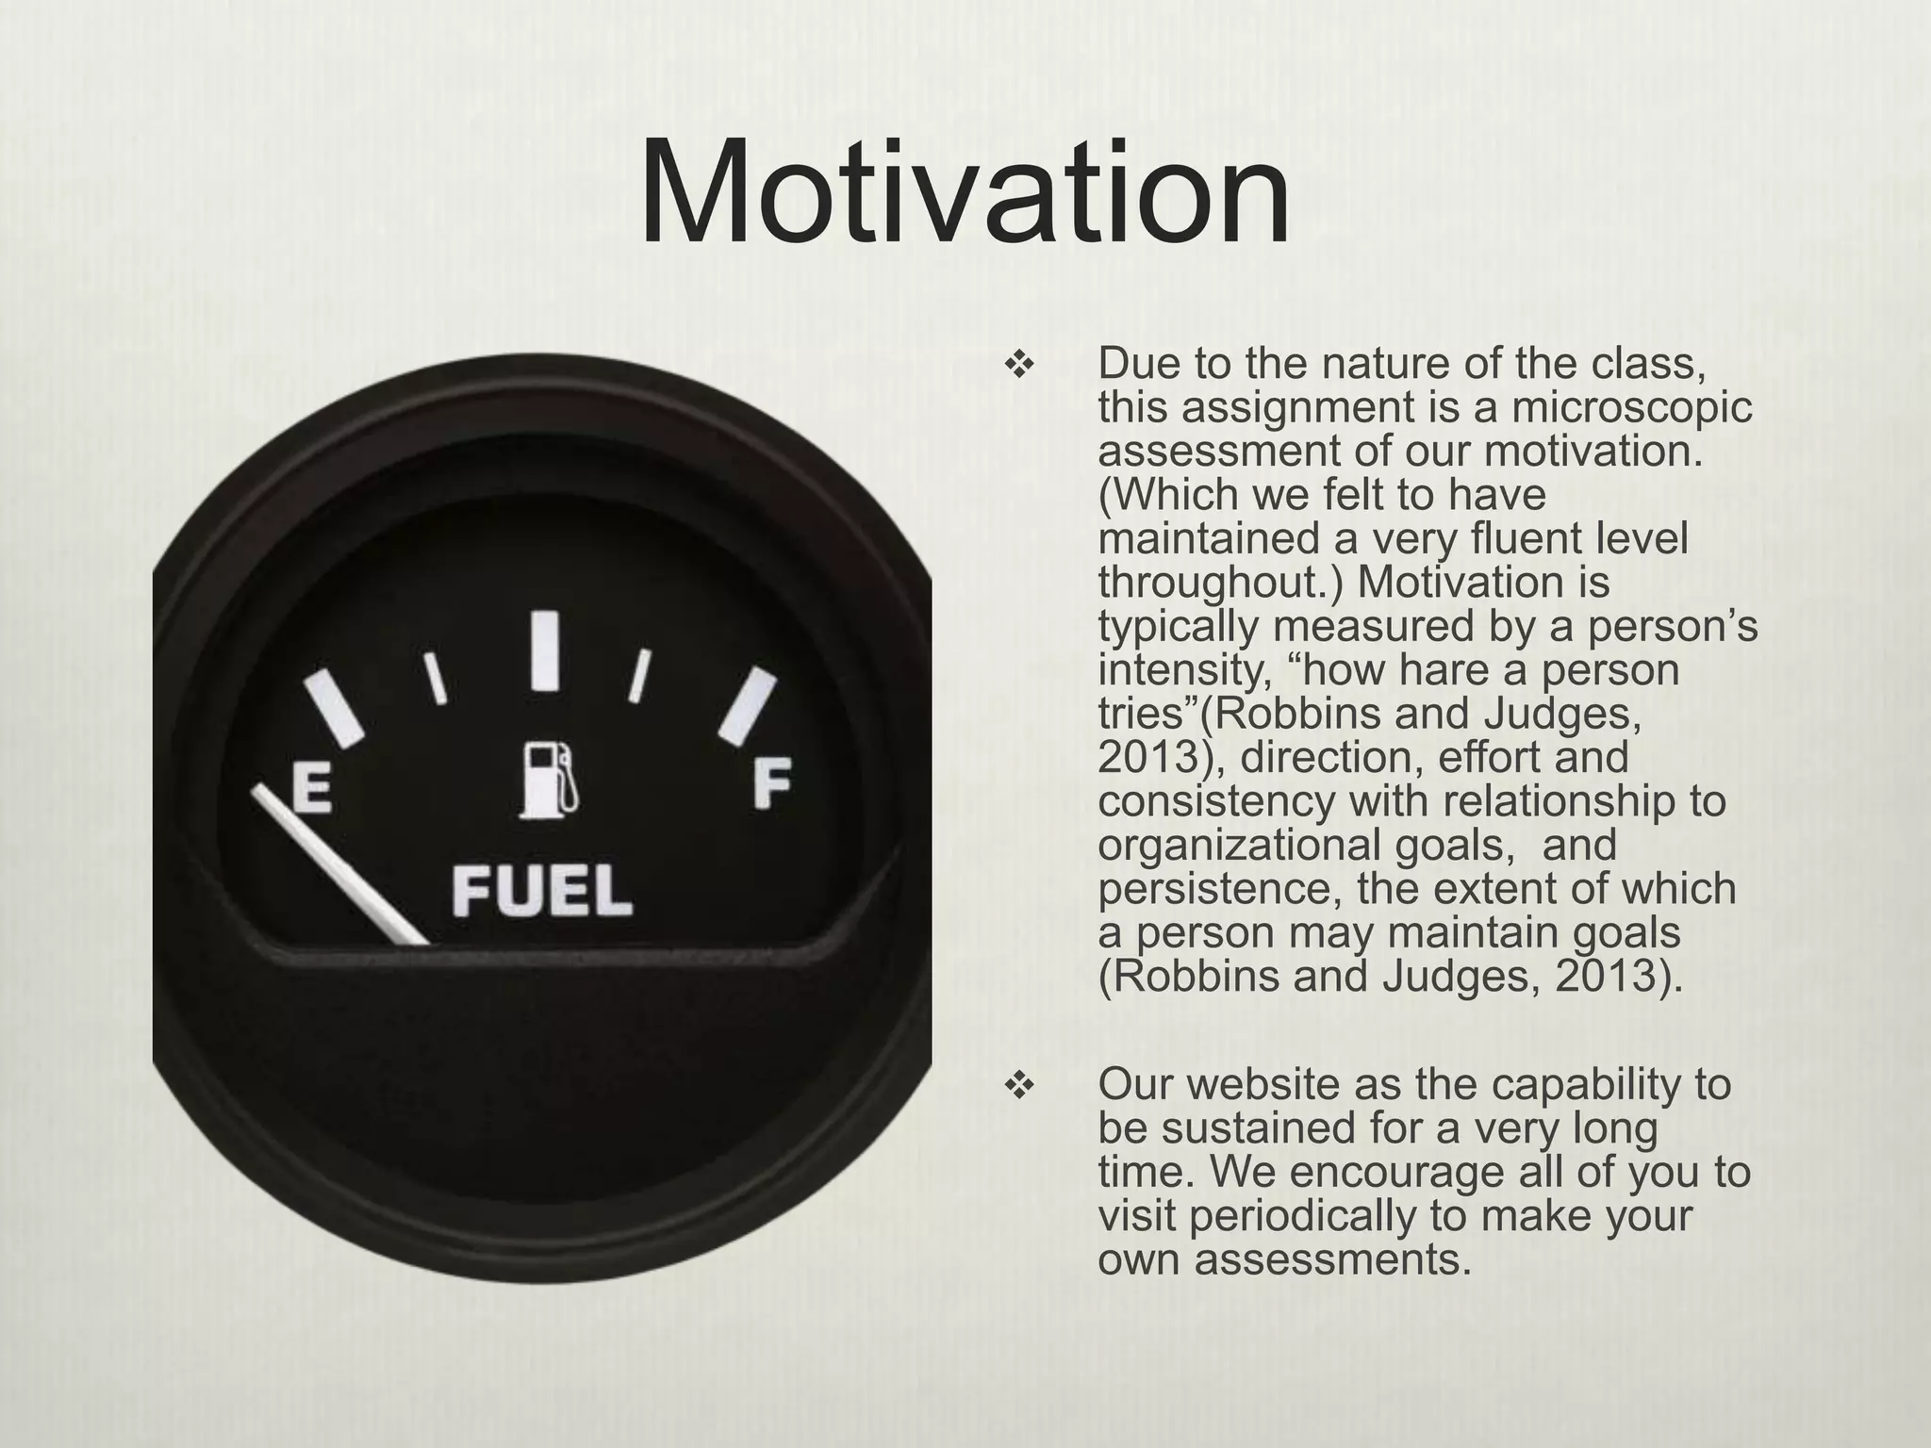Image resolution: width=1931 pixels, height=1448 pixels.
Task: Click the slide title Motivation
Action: [965, 193]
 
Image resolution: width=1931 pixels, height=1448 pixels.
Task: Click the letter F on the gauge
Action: [773, 784]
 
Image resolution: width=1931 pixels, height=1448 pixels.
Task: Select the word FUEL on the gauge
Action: [542, 892]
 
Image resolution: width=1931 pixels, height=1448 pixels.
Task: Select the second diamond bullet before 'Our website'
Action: [1019, 1087]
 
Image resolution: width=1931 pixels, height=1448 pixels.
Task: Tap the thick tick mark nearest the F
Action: [747, 705]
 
